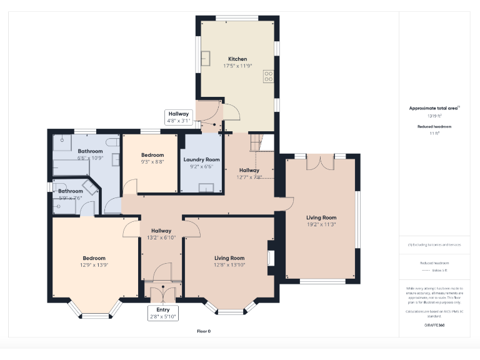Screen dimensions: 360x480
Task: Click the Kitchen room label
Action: point(237,59)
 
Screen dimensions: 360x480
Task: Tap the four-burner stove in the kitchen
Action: point(269,76)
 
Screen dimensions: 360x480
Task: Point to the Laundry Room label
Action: point(201,159)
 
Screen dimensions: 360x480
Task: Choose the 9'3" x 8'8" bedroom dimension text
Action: point(152,162)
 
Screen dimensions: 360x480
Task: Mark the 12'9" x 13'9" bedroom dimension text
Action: point(94,266)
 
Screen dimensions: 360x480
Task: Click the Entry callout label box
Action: point(163,313)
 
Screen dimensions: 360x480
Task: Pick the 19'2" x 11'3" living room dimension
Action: point(321,224)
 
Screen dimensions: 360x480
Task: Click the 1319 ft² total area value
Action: point(434,116)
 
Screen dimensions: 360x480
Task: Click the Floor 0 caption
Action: point(204,331)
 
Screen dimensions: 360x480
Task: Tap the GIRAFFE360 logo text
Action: point(434,326)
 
